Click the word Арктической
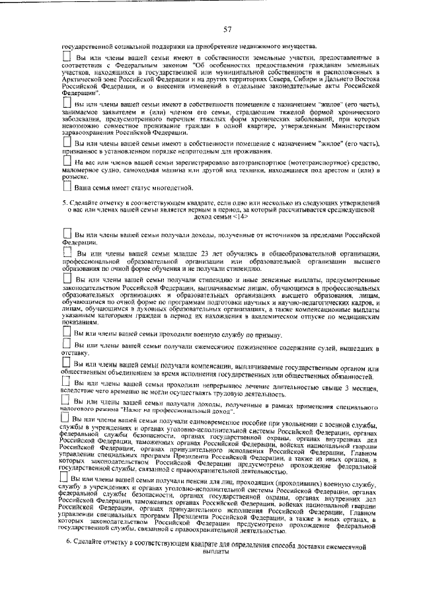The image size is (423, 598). tap(81, 78)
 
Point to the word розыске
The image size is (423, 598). tap(74, 178)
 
